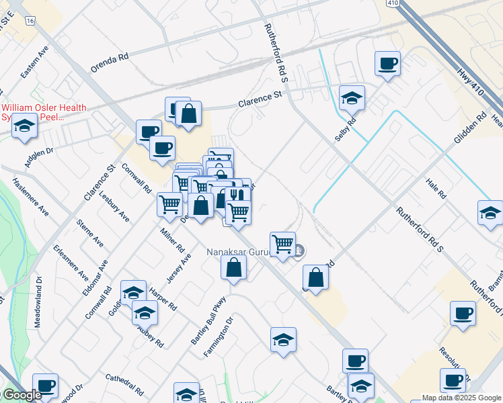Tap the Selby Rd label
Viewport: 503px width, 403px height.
[345, 128]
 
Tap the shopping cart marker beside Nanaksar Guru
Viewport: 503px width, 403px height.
[282, 243]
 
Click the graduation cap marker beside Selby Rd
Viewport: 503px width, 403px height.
[352, 99]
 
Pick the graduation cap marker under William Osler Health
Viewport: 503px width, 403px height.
[25, 126]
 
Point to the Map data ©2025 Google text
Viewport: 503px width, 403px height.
[461, 398]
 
